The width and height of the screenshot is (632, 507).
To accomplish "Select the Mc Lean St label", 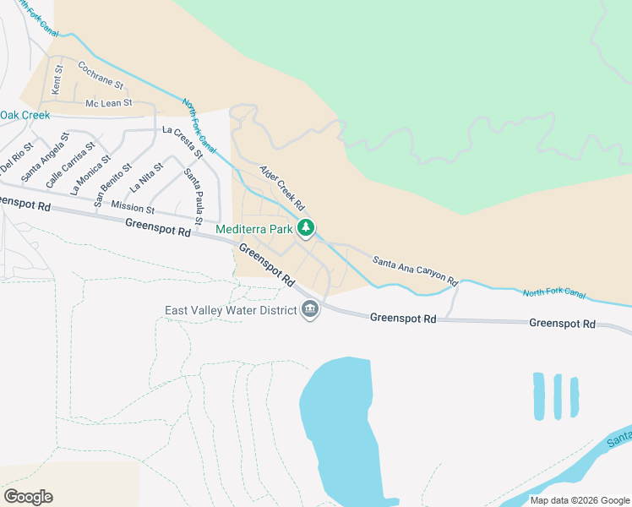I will (x=109, y=103).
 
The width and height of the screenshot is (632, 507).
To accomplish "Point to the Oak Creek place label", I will (x=25, y=115).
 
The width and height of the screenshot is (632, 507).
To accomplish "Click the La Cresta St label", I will (x=183, y=142).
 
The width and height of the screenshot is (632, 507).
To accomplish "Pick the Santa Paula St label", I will (x=194, y=196).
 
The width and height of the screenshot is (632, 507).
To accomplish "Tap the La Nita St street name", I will (x=146, y=179).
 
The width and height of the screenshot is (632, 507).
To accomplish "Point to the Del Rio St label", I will (x=17, y=157).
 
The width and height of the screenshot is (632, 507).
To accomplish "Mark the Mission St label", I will (x=133, y=208).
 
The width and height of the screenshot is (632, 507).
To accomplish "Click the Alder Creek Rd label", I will (x=281, y=188).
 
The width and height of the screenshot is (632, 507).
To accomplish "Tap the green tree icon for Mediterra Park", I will (x=306, y=228).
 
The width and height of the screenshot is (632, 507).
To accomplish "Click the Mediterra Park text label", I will (x=253, y=229).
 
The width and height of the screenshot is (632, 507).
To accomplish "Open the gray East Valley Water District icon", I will (x=310, y=310).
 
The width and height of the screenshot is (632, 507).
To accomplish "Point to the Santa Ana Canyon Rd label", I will (x=415, y=270).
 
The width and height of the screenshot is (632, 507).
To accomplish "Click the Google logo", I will (x=28, y=497).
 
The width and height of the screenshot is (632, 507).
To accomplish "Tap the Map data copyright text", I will (x=580, y=499).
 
